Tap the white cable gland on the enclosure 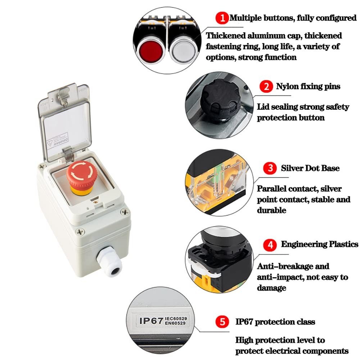pos(110,261)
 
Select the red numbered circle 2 pos(266,86)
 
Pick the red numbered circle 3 pos(270,168)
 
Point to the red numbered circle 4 pos(270,245)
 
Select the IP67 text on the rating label pos(151,320)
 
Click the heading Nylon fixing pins pos(308,86)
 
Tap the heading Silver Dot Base pos(310,168)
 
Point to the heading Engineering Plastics pos(319,244)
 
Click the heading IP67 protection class pos(275,321)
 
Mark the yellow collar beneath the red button pos(81,190)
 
